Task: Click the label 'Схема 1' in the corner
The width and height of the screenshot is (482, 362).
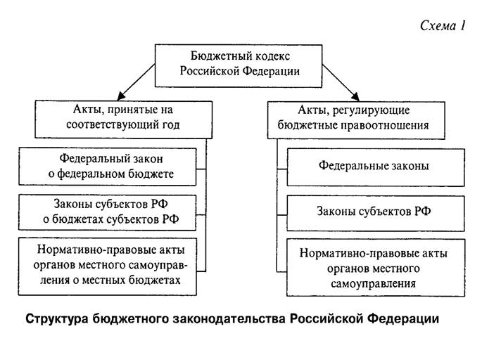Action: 443,25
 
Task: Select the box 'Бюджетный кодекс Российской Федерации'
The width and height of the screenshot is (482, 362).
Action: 239,66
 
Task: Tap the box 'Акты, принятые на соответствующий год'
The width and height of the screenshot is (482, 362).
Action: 124,119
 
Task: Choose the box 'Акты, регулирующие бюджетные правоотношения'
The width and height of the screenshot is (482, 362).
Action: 356,120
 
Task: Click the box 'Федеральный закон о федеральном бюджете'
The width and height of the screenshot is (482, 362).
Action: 107,167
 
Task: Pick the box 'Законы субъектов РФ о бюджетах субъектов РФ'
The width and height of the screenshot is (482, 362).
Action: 107,212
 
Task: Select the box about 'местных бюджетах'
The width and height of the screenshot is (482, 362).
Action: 107,266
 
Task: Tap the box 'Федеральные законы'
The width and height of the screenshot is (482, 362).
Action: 376,167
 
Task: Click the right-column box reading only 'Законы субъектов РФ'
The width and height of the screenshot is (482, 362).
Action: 376,213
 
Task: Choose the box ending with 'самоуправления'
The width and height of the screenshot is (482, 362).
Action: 376,267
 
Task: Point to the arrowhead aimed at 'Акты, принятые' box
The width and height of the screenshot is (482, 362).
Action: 121,96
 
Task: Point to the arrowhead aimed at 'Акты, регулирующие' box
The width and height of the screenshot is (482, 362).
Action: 355,96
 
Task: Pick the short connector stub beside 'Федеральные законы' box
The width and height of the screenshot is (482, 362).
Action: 282,169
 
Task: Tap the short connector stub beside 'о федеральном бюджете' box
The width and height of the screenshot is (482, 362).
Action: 201,169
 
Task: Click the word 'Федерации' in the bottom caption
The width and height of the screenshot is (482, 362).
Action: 403,319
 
